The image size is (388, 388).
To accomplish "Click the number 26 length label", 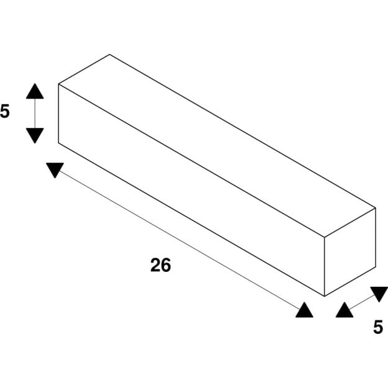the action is pos(161,265).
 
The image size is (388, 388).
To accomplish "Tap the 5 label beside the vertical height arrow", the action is pos(5,111).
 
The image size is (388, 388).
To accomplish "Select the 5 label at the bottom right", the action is pos(378,327).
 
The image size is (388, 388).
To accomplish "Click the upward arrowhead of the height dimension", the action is pos(35,91).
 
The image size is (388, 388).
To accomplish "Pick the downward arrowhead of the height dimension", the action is pos(35,135).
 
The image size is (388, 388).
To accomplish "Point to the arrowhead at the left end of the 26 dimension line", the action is pos(55,170).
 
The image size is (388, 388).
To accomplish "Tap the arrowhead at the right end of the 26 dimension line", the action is pos(304,310).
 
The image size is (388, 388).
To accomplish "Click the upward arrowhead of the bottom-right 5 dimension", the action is pos(345,310).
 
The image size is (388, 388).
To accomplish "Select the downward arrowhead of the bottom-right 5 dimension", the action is pos(379,294).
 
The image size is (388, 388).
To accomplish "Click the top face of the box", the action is pos(217,146).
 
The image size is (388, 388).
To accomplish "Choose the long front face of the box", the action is pos(191,190).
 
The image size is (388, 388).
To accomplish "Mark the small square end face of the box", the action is pos(350,252).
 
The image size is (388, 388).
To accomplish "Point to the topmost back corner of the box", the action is pos(110,55).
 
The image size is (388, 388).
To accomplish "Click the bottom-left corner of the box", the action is pos(58,143).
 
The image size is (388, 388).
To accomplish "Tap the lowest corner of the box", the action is pos(325,296).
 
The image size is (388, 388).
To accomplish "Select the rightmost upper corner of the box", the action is pos(376,208).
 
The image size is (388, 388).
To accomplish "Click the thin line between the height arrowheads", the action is pos(35,114).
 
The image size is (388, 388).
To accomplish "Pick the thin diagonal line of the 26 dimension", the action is pos(179,240).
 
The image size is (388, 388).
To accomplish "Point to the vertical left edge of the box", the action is pos(58,114).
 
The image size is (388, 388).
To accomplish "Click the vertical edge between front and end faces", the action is pos(325,266).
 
